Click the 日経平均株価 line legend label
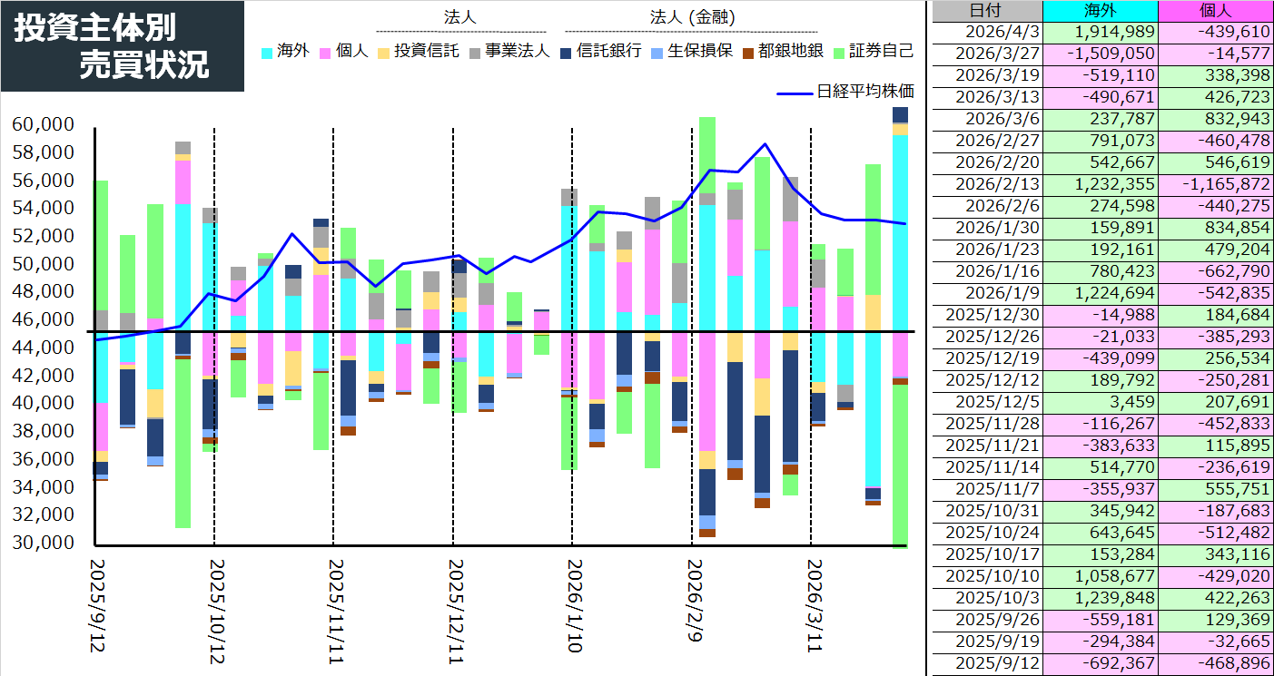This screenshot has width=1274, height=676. click(x=864, y=91)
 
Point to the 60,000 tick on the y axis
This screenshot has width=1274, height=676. click(x=44, y=125)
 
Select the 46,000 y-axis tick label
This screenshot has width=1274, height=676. click(x=44, y=319)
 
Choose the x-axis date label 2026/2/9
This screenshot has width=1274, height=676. click(x=695, y=599)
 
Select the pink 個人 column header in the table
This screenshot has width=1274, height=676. click(x=1215, y=11)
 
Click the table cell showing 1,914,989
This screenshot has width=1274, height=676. click(x=1101, y=32)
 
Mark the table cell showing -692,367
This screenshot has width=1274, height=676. click(x=1101, y=664)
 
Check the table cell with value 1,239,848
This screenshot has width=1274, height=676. click(x=1101, y=598)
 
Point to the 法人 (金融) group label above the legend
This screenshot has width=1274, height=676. click(x=692, y=17)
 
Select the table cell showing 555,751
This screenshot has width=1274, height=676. click(x=1215, y=489)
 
